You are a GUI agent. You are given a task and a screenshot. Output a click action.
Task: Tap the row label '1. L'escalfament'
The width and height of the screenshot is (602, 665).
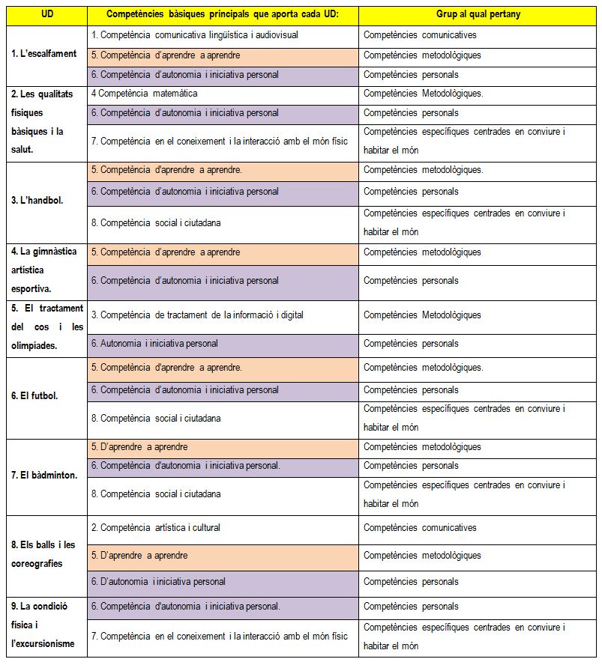coord(45,54)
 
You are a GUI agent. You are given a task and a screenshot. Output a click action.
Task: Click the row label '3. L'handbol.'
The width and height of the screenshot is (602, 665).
coord(37,201)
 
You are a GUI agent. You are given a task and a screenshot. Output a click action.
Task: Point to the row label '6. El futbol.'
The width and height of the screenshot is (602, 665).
coord(35,396)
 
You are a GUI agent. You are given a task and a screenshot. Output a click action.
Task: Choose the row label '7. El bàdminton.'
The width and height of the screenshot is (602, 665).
coord(44,476)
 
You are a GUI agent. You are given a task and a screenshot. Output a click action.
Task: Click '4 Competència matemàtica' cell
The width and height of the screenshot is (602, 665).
coord(144,94)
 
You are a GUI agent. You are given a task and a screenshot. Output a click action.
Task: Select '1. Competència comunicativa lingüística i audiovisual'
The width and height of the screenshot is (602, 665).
coord(194,34)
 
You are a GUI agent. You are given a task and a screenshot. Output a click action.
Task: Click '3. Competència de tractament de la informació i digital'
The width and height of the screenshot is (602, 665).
coord(197,315)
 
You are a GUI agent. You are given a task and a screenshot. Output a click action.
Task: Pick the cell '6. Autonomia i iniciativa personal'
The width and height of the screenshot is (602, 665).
coord(154,344)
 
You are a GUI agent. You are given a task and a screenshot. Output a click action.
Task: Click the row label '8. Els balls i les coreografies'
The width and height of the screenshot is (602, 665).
coord(43,554)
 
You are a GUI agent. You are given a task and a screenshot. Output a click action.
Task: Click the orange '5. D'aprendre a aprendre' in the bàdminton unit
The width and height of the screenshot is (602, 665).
coord(139,447)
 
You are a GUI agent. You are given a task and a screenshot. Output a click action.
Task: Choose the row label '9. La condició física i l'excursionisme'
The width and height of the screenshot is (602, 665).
coord(42,625)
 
